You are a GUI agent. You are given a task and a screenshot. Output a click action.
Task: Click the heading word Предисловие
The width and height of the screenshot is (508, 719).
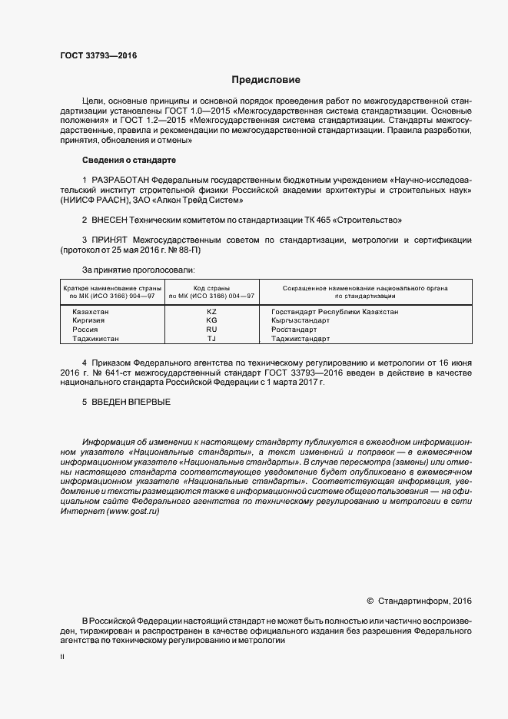click(x=266, y=80)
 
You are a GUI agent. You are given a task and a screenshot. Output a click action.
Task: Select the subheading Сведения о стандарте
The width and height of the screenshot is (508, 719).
click(x=128, y=160)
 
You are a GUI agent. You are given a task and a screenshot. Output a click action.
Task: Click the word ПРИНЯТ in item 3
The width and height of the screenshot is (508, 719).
click(x=110, y=240)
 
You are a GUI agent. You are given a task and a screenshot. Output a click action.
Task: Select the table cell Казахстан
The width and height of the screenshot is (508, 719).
click(x=91, y=311)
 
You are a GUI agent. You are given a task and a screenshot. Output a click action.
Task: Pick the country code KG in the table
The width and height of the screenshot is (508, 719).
click(x=212, y=320)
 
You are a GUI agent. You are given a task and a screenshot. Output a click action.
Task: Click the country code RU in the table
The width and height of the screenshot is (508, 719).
click(x=212, y=329)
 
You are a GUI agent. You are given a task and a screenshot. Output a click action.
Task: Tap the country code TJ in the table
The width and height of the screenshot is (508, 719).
click(x=212, y=338)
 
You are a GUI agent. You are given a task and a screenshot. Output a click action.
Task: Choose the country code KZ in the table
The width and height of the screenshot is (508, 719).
click(x=212, y=311)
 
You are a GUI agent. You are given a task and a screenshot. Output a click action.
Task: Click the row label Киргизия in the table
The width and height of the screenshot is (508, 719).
click(x=88, y=320)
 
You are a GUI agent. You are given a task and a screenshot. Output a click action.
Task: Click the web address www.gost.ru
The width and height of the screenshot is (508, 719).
click(x=129, y=512)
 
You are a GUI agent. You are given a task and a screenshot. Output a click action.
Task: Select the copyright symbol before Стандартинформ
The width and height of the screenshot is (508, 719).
click(x=370, y=601)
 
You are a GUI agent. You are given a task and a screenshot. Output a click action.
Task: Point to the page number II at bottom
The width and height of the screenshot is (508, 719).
click(x=62, y=658)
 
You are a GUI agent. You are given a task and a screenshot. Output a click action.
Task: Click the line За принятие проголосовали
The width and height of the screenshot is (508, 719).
click(x=138, y=270)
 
